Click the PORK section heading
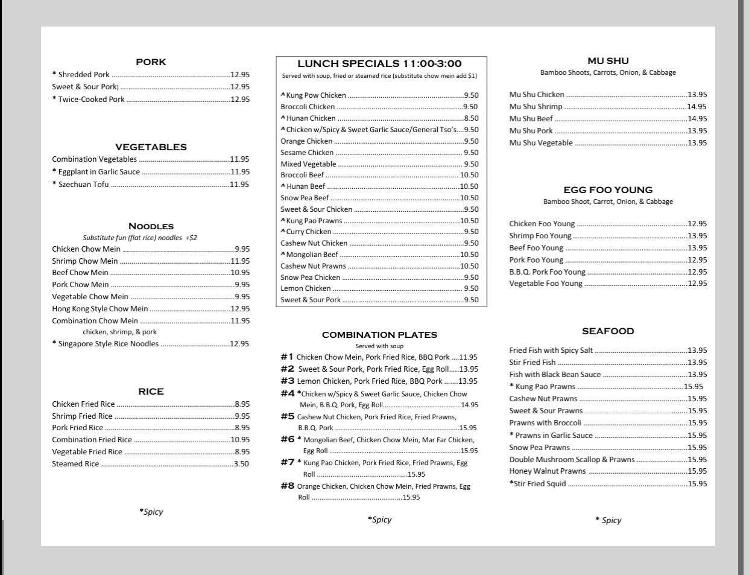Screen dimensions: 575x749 click(x=151, y=62)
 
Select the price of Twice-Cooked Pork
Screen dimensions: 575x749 click(x=239, y=100)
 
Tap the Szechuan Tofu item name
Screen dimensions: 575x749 click(x=83, y=185)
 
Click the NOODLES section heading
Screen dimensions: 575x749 click(x=151, y=226)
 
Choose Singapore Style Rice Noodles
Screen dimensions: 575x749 click(x=108, y=344)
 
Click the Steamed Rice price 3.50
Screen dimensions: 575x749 click(x=241, y=464)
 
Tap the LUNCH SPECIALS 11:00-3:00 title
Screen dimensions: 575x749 click(x=379, y=63)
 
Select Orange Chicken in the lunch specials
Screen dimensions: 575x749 click(x=306, y=141)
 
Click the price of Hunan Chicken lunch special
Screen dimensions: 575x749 click(x=471, y=118)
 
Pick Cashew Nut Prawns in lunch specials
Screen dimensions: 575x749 click(x=313, y=266)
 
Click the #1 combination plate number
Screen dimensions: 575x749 click(x=287, y=357)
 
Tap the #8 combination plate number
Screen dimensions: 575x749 click(x=287, y=486)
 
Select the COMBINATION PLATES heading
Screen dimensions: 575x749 click(x=379, y=335)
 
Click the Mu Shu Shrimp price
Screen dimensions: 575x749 click(x=697, y=107)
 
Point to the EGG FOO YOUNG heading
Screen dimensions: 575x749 click(x=608, y=190)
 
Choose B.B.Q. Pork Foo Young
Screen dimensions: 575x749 click(x=547, y=272)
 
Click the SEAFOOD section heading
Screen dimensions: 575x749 click(x=608, y=331)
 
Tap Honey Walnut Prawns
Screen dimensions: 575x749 click(x=547, y=471)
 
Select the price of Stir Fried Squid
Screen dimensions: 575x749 click(x=697, y=484)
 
